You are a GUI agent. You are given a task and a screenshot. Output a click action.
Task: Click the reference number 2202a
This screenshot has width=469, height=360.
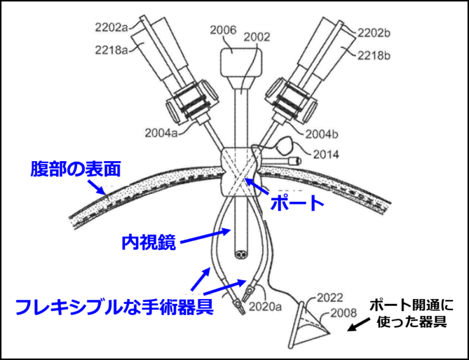(111, 27)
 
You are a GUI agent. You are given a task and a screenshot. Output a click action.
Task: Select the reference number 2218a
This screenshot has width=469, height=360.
(111, 49)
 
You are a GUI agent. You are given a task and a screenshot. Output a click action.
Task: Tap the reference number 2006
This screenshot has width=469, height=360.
(223, 30)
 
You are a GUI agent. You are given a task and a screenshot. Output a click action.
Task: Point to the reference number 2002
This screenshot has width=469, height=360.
(257, 37)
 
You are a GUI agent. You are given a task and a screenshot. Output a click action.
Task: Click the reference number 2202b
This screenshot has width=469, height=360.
(374, 33)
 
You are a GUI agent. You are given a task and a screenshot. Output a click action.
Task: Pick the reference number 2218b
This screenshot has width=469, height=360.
(374, 56)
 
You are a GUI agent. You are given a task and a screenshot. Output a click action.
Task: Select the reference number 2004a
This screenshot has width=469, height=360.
(161, 133)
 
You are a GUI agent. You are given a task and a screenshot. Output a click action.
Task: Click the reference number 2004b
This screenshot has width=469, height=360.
(322, 134)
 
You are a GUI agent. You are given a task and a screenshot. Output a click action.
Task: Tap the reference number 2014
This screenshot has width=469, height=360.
(326, 154)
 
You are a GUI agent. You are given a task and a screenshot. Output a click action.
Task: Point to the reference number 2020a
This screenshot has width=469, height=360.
(265, 306)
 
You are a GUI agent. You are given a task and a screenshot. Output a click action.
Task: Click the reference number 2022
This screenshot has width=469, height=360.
(330, 298)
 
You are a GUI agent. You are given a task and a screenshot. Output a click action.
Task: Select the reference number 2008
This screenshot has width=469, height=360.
(343, 313)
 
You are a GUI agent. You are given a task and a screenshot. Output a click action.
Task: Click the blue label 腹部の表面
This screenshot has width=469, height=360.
(76, 169)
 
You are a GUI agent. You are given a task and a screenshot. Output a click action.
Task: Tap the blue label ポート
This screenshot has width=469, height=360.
(297, 203)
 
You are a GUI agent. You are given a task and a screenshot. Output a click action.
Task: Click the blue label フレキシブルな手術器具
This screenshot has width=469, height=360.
(114, 306)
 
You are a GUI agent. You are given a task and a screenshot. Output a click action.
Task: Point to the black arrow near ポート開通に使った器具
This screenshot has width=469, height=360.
(358, 325)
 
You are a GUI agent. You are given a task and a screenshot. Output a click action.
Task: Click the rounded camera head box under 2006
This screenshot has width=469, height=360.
(242, 62)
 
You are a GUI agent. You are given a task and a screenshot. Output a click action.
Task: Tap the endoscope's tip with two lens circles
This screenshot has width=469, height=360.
(241, 255)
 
